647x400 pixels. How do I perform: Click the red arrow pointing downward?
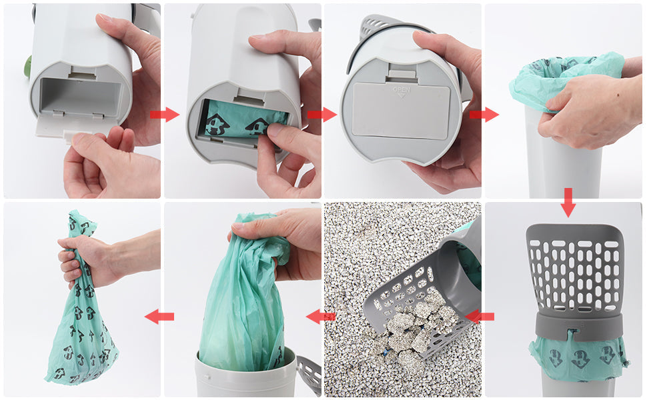point(568,202)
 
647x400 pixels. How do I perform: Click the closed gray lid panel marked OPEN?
point(400,112)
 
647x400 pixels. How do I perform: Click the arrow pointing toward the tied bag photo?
point(160,316)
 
